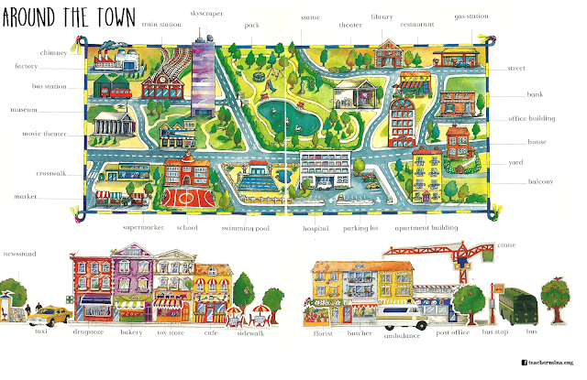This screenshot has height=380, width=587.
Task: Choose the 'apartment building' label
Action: click(426, 228)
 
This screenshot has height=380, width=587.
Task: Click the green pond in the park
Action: click(282, 117)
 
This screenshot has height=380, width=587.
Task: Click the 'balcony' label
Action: click(540, 181)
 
